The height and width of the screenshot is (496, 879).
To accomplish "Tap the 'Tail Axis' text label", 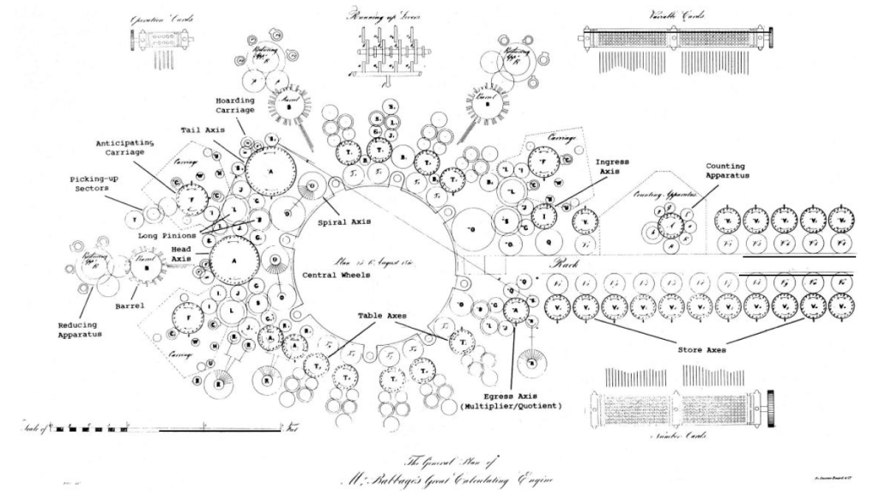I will click(x=203, y=130).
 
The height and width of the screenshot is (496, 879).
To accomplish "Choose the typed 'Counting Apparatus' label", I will click(x=728, y=172).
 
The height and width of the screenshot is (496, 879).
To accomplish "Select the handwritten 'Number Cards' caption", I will click(x=681, y=433).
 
